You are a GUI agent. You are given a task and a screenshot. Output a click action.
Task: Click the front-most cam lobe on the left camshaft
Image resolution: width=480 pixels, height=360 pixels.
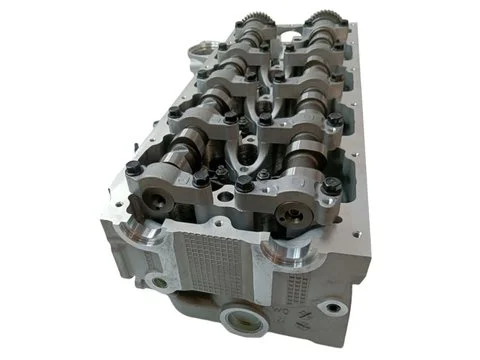pyautogui.click(x=180, y=150)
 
